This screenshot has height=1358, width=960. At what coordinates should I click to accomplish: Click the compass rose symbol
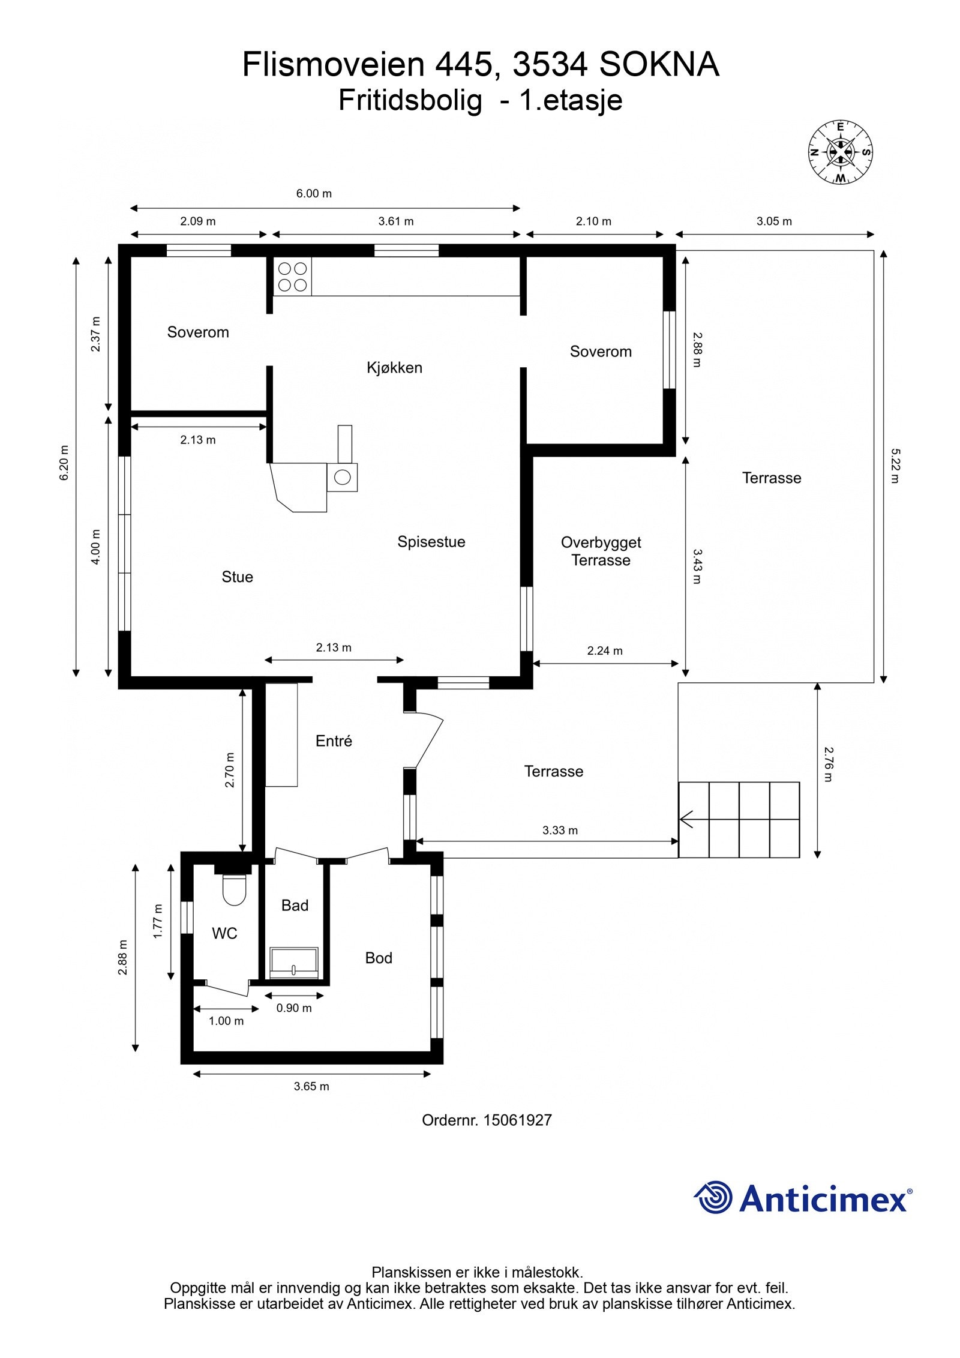[x=840, y=152]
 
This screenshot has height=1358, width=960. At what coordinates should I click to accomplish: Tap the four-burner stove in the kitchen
[x=292, y=277]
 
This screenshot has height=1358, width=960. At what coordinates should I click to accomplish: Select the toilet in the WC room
[x=234, y=890]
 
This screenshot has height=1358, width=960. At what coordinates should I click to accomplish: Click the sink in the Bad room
[x=294, y=962]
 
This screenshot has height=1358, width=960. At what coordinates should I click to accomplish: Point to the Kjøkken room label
[x=394, y=367]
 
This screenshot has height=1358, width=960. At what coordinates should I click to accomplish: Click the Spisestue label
[x=431, y=542]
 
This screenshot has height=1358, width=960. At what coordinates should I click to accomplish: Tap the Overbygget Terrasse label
[x=601, y=551]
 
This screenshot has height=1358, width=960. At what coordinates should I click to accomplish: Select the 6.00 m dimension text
[x=314, y=193]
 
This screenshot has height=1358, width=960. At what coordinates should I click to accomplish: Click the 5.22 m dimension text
[x=895, y=466]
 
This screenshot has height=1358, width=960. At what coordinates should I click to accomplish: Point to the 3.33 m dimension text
[x=560, y=830]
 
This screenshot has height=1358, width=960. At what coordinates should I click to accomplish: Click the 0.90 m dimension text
[x=294, y=1008]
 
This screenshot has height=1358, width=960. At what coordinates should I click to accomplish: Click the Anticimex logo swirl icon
[x=713, y=1197]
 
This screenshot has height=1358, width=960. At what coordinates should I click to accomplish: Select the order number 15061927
[x=517, y=1120]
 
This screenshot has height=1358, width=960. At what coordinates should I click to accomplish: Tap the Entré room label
[x=334, y=741]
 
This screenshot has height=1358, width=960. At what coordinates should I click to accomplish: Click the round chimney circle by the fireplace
[x=342, y=477]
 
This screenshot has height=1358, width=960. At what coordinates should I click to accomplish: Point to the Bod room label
[x=379, y=958]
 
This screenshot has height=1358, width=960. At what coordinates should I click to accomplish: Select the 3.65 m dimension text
[x=311, y=1086]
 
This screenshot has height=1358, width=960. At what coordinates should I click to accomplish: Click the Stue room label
[x=237, y=577]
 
